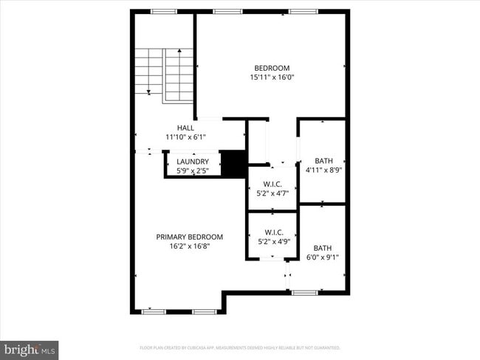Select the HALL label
click(x=185, y=128)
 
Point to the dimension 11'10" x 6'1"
click(x=185, y=136)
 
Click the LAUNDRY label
click(x=192, y=162)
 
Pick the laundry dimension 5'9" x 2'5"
click(x=192, y=170)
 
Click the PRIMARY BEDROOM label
click(x=189, y=237)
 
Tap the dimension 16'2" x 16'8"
click(x=189, y=246)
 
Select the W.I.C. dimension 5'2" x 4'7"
click(x=271, y=195)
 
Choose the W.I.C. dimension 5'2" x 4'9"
click(x=271, y=240)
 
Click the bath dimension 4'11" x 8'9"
click(x=323, y=170)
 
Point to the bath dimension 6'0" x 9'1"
click(x=323, y=257)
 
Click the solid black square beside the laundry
click(x=233, y=164)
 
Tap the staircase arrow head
click(x=149, y=91)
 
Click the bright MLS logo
click(x=30, y=349)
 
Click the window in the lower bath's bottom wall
click(x=304, y=293)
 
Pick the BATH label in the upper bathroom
click(x=323, y=161)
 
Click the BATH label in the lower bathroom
click(x=323, y=248)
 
